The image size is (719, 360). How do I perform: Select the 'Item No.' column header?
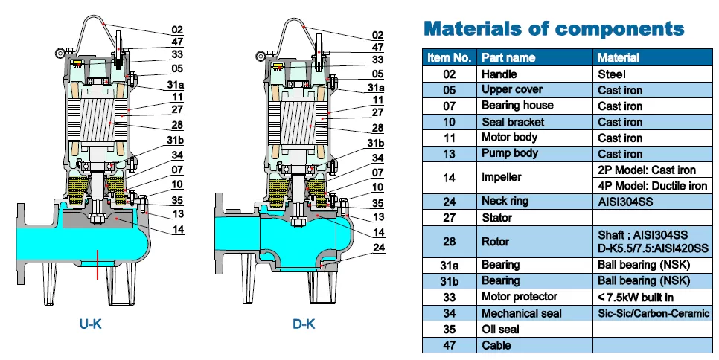[x=449, y=57]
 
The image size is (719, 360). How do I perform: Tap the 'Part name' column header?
[x=508, y=57]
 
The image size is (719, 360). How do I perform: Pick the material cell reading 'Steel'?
[x=612, y=74]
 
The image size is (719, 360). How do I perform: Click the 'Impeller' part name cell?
[x=502, y=178]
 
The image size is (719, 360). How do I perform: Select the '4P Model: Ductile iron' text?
[x=652, y=186]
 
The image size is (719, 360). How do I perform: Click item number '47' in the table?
[x=449, y=345]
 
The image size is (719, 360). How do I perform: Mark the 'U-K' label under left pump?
[x=91, y=324]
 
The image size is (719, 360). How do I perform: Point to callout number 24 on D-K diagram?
[x=379, y=248]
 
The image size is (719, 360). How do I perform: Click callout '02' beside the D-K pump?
[x=378, y=35]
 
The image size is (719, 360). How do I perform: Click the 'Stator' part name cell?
[x=497, y=218]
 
